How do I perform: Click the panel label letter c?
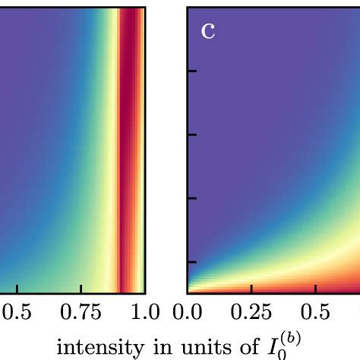(208, 31)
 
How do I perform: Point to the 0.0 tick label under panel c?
(188, 312)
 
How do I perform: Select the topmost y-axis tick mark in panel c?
(193, 71)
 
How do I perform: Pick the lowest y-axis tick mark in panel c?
(193, 262)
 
